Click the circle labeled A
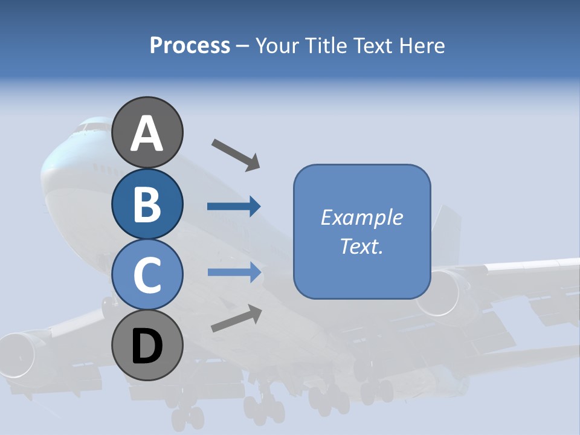147,133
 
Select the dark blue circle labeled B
147,204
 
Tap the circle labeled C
147,275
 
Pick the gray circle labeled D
147,346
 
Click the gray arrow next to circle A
236,154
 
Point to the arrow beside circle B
234,207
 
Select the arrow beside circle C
234,272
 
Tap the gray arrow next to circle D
236,318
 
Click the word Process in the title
190,45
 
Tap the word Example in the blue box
361,217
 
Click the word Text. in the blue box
361,246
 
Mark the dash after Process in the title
242,46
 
